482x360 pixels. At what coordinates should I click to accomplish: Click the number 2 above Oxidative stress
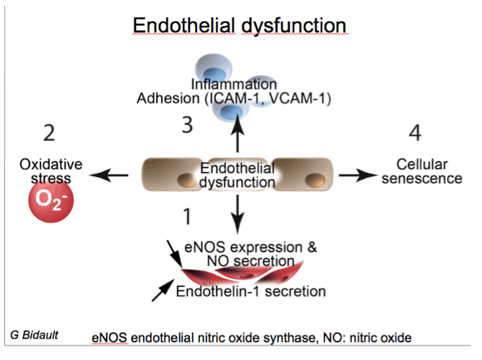point(49,133)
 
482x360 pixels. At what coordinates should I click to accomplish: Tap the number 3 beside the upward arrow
point(187,125)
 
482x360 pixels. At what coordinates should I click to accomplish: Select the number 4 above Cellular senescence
point(415,133)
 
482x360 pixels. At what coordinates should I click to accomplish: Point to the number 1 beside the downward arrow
point(187,216)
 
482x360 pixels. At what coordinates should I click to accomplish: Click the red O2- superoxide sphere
point(51,200)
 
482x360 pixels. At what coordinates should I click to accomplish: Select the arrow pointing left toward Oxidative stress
point(109,175)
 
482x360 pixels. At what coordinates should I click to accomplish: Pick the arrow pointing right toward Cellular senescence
point(358,175)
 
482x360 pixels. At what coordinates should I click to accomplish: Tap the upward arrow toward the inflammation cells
point(237,133)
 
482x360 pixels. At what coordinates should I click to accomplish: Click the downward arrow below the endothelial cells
point(237,215)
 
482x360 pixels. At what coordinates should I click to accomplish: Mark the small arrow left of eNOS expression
point(175,254)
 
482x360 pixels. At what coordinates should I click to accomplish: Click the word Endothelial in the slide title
point(184,25)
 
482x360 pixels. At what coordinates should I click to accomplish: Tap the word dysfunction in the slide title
point(294,26)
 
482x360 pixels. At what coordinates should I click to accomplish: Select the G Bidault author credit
point(34,335)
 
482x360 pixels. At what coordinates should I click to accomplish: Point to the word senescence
point(422,179)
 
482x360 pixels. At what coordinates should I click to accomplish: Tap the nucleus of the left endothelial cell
point(186,180)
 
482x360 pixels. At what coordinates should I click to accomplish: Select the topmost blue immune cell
point(214,68)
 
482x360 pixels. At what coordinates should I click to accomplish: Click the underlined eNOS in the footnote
point(109,338)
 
